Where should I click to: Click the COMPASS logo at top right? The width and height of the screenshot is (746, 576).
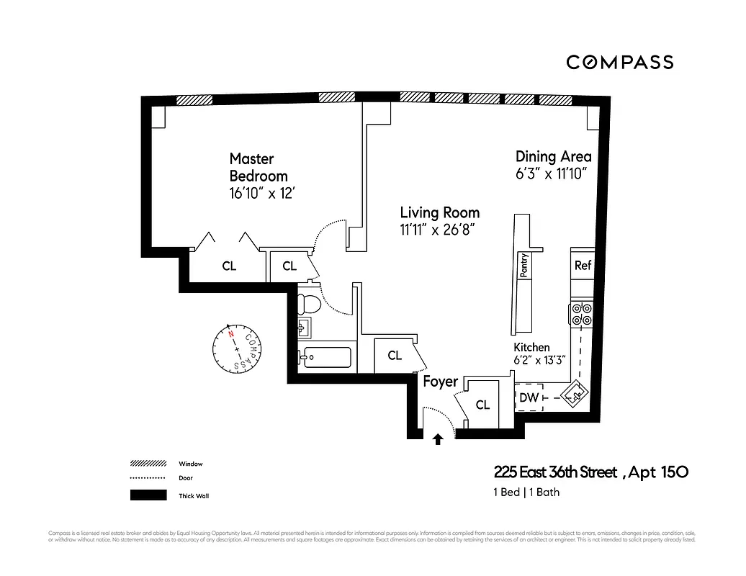[x=619, y=62]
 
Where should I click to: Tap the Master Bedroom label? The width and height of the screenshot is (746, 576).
[x=258, y=167]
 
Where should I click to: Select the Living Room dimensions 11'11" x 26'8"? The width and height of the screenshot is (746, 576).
[x=439, y=230]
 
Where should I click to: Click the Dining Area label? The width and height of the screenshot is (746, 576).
[x=553, y=156]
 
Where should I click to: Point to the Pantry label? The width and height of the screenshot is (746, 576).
[x=524, y=265]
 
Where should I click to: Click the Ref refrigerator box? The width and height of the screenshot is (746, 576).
[x=583, y=265]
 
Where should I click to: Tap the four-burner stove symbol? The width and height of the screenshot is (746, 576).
[x=582, y=315]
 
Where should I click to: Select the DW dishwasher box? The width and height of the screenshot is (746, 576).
[x=529, y=397]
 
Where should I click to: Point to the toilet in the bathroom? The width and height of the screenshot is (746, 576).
[x=307, y=302]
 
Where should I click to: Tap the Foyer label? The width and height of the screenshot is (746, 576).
[x=440, y=381]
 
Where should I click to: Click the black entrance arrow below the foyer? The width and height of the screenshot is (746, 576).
[x=437, y=439]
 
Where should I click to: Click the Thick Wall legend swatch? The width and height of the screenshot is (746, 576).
[x=148, y=495]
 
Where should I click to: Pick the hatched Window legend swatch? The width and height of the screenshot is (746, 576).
[x=148, y=463]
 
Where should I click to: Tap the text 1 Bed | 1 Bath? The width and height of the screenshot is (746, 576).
[x=526, y=492]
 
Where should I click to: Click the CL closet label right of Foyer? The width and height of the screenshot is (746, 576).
[x=482, y=405]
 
